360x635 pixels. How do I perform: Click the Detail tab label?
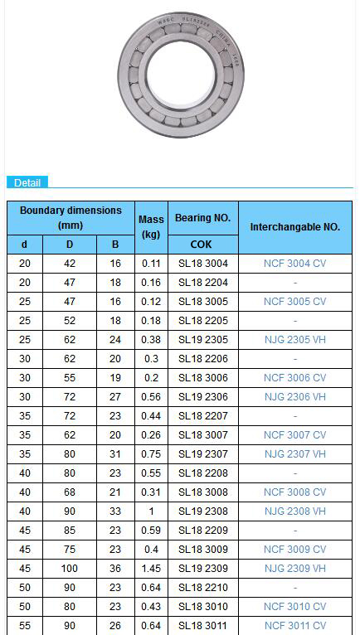point(27,182)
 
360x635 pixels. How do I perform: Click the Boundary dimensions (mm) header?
point(71,218)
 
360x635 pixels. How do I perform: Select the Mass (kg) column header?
point(151,226)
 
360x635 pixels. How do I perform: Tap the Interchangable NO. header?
point(295,226)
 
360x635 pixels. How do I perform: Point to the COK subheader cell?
point(202,245)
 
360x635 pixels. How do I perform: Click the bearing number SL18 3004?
point(202,264)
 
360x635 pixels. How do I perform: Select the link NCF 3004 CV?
point(295,264)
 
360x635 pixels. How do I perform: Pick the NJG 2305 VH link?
point(295,340)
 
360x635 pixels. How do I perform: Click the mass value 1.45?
point(151,569)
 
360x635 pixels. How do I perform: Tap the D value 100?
point(70,569)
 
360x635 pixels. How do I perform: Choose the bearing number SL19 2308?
point(202,511)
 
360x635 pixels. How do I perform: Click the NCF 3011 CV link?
point(295,626)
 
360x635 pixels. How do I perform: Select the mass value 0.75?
point(151,454)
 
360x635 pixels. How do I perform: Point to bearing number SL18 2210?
point(202,588)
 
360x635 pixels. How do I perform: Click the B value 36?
point(115,569)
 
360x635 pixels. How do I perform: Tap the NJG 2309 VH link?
point(295,569)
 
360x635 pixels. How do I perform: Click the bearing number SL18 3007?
point(202,435)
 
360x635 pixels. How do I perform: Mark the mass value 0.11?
point(151,264)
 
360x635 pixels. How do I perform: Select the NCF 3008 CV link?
point(295,492)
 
